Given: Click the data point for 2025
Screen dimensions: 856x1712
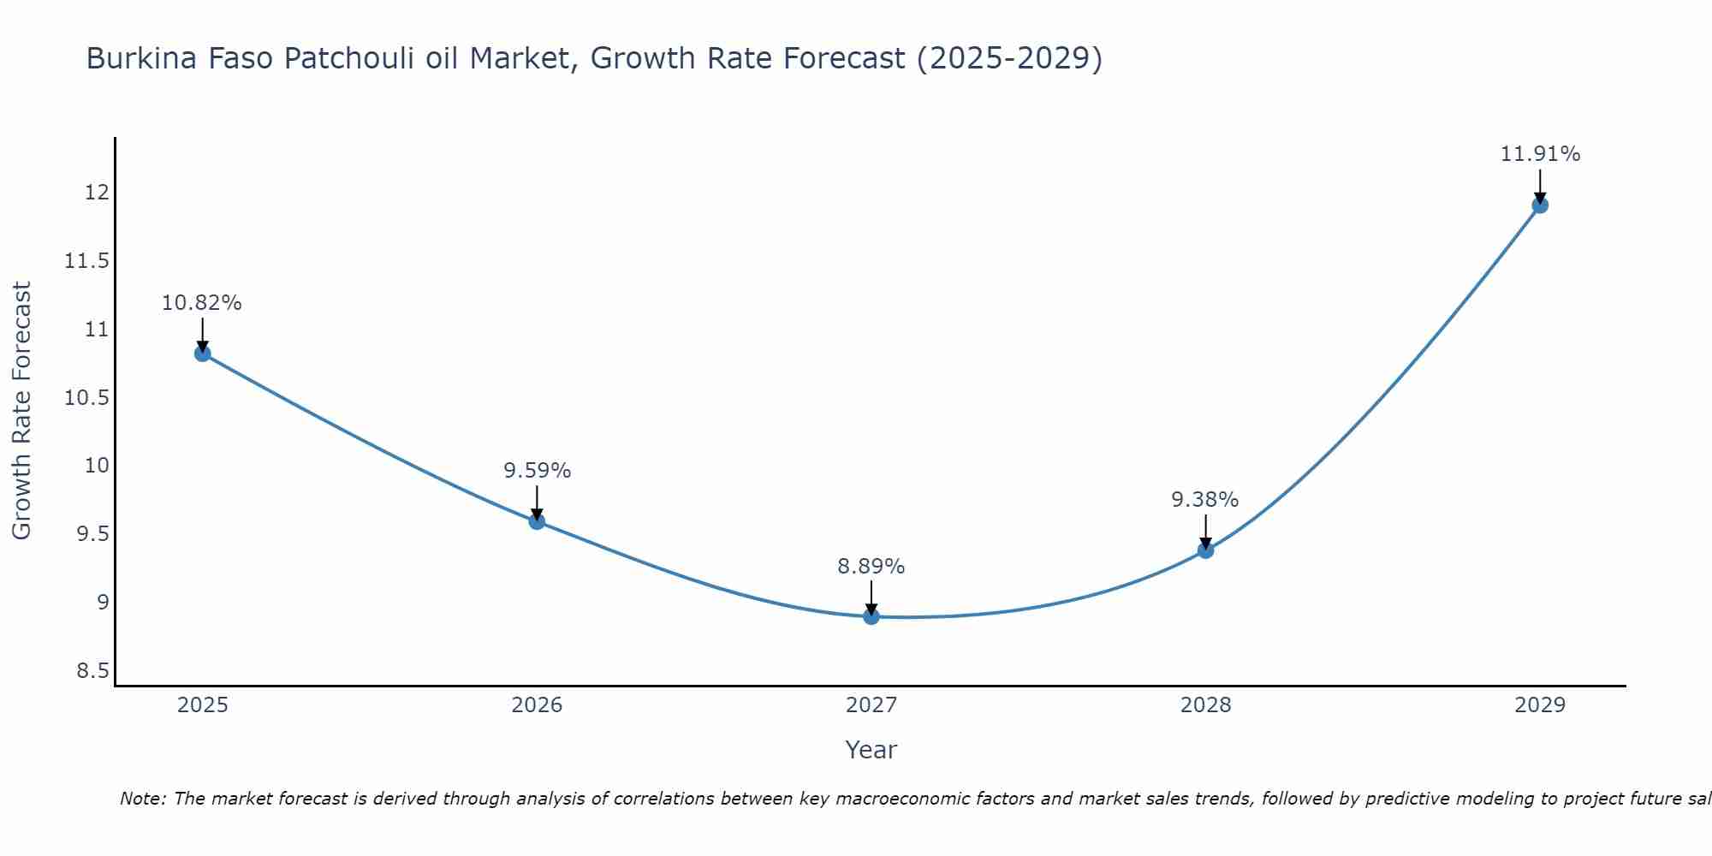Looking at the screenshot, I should [203, 354].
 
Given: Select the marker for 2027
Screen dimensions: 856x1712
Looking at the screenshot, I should [871, 616].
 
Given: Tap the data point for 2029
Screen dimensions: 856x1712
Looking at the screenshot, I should [1540, 205].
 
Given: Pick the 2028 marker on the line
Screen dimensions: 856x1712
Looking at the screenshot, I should [1205, 550].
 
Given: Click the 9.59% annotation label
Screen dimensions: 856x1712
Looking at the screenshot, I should [537, 471].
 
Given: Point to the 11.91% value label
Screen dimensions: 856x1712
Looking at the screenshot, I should [1540, 154].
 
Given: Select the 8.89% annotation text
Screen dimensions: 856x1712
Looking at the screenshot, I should [871, 567].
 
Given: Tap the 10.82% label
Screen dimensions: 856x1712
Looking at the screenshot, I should [202, 303].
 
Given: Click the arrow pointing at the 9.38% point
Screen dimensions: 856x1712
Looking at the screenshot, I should [1205, 531].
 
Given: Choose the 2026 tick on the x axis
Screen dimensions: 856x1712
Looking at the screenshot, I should [537, 705].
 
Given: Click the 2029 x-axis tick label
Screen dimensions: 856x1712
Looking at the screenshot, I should [1540, 705].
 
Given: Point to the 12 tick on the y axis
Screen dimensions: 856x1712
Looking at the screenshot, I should [97, 193].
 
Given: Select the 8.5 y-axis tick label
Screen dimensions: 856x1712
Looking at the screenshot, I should [92, 670].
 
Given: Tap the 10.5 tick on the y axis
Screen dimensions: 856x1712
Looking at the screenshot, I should [87, 398].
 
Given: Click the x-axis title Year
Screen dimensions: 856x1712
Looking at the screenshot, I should [871, 750].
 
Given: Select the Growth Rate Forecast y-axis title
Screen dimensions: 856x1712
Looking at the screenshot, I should [21, 411].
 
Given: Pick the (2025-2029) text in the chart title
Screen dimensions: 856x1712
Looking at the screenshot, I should [1009, 59].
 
